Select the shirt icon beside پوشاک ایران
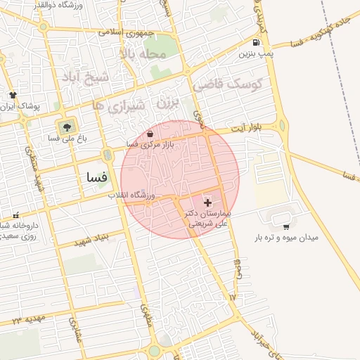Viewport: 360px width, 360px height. (x=12, y=94)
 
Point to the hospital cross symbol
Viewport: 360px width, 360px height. (x=207, y=202)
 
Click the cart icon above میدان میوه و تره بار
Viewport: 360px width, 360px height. (x=285, y=226)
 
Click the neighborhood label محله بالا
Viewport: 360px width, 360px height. (x=144, y=53)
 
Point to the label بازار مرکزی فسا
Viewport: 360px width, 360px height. (x=149, y=143)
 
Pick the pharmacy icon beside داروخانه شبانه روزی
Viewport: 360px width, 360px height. (x=15, y=216)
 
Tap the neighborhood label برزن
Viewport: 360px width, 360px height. (x=164, y=103)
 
